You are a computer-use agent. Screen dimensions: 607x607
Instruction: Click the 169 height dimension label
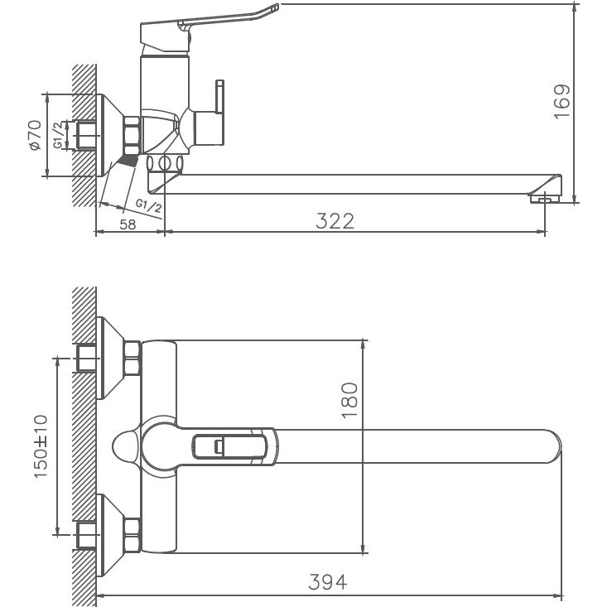click(x=563, y=101)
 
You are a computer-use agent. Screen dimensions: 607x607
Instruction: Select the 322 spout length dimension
click(x=335, y=220)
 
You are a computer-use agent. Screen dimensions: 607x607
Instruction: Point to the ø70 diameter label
click(x=34, y=134)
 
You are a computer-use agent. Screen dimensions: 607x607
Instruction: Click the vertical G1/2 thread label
click(x=59, y=134)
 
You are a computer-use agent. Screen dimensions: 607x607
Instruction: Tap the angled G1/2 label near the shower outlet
click(x=148, y=202)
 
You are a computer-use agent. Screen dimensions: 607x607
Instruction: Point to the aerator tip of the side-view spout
click(x=542, y=198)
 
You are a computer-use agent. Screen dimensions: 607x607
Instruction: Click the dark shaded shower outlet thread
click(x=128, y=159)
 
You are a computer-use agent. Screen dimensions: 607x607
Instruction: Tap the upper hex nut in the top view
click(x=132, y=359)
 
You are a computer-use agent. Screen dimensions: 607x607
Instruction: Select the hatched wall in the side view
click(x=84, y=132)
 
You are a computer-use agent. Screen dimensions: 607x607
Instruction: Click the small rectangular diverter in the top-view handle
click(x=218, y=447)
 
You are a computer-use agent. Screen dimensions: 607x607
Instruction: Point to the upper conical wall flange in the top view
click(x=110, y=359)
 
